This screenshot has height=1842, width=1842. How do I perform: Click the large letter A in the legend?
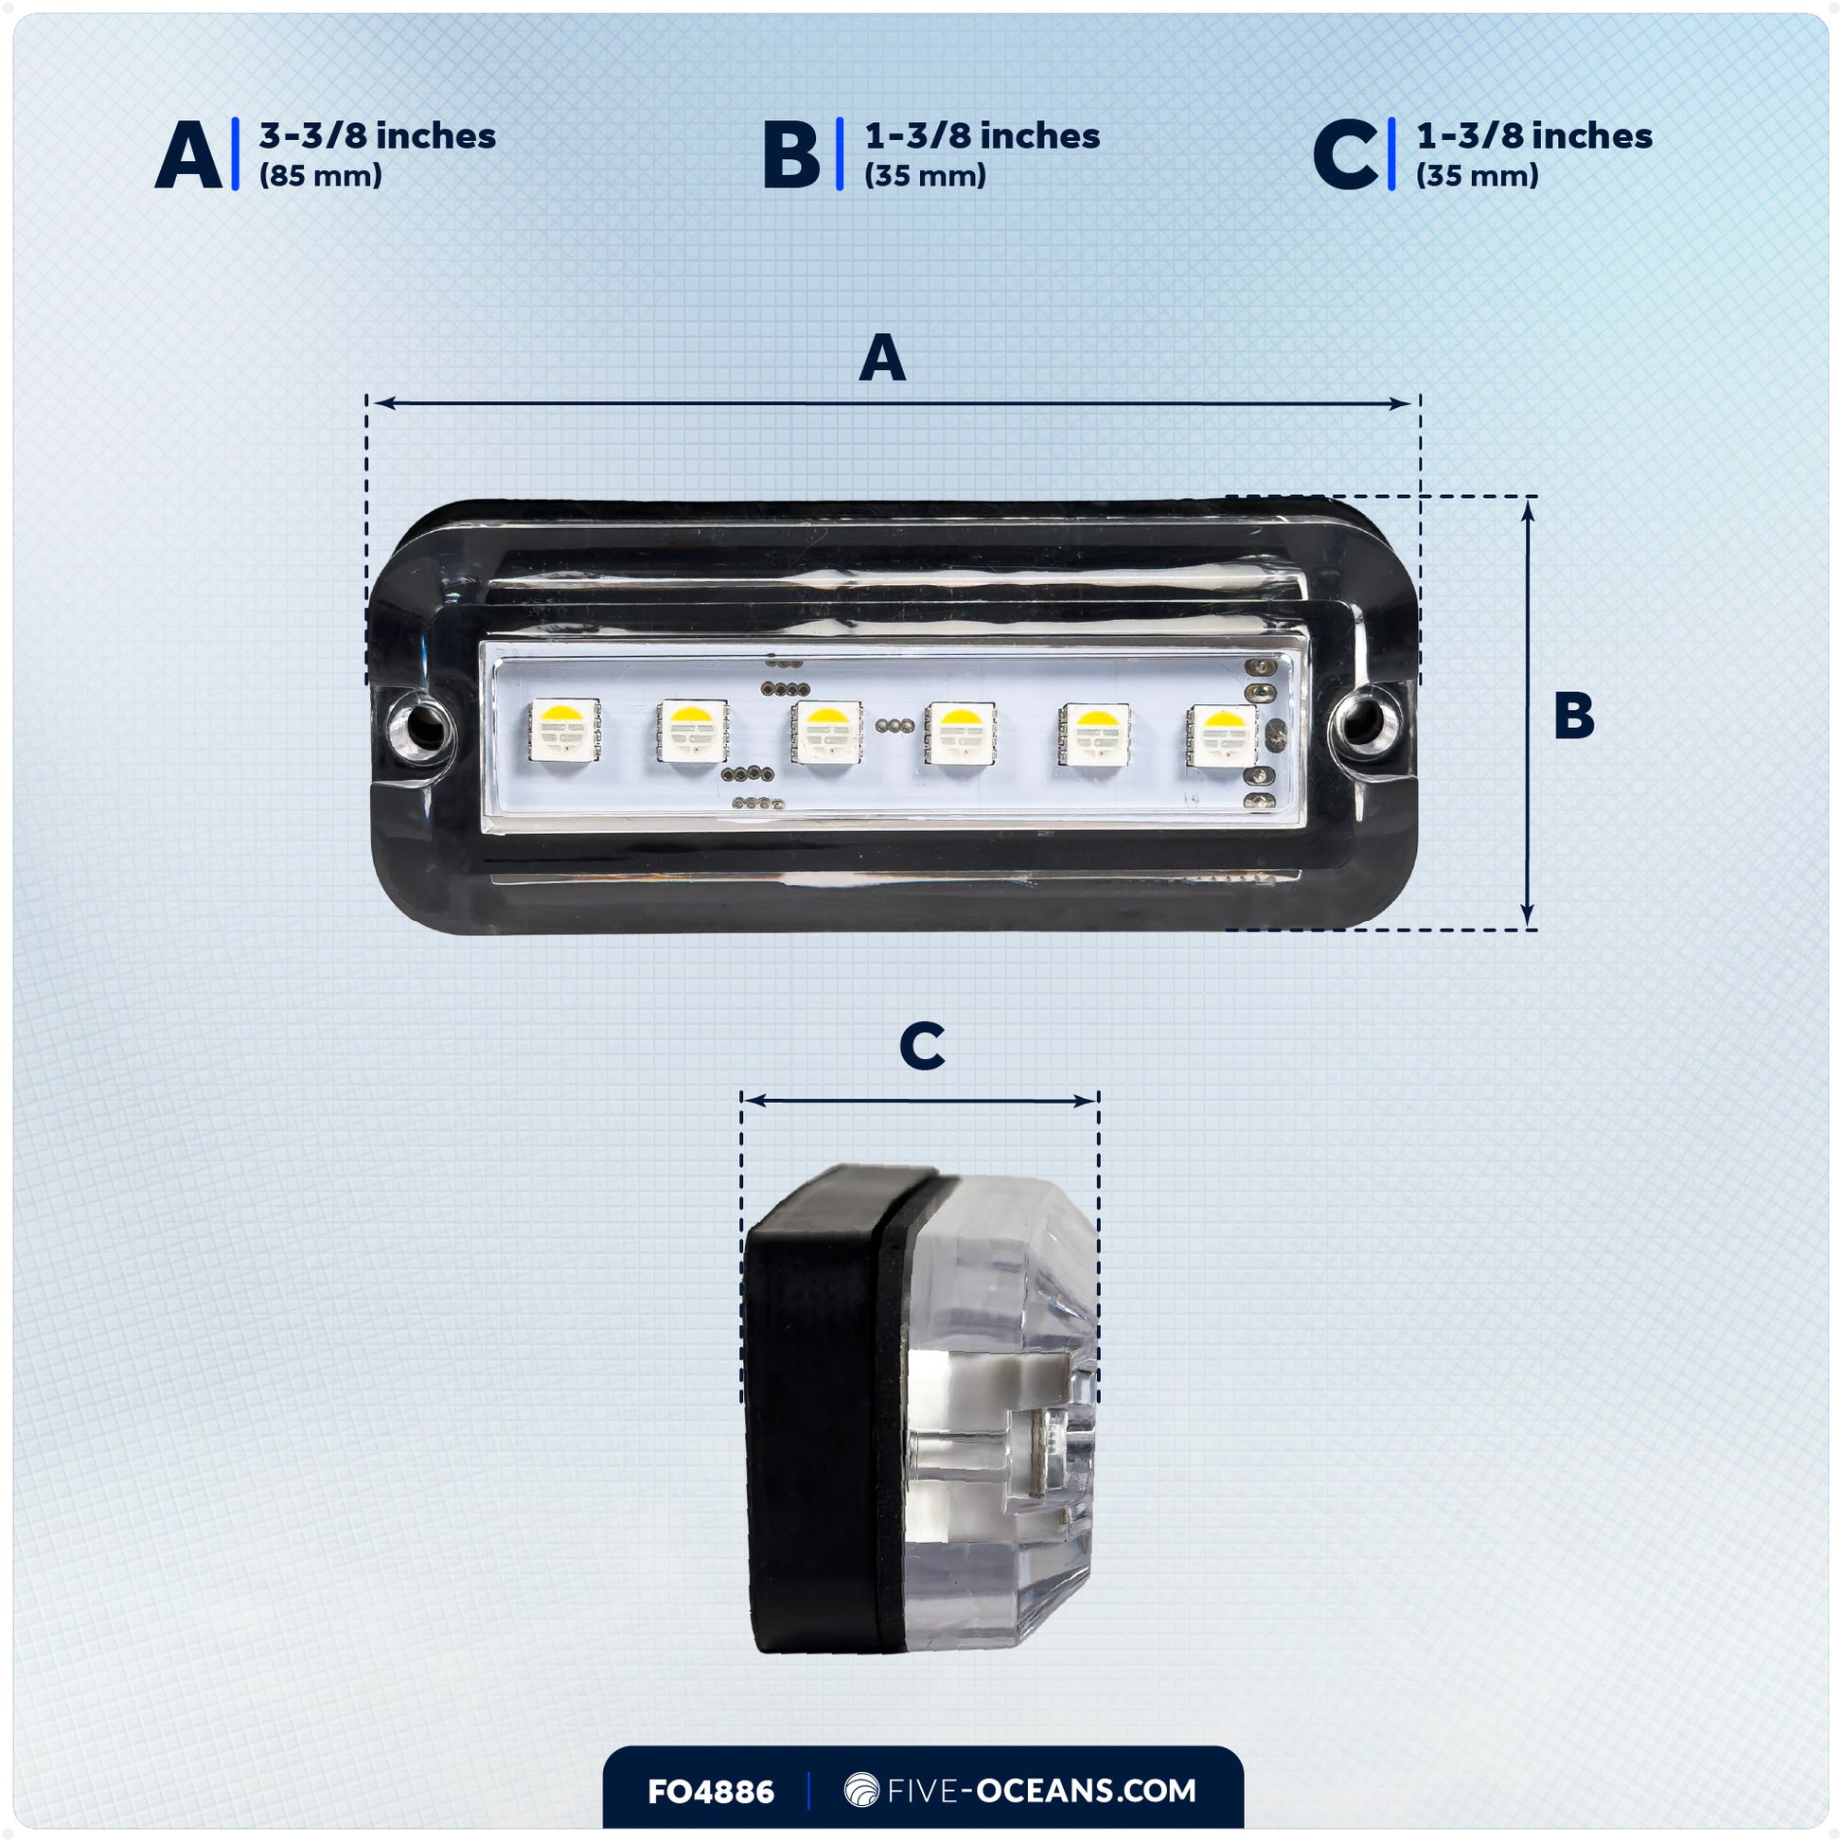(x=188, y=154)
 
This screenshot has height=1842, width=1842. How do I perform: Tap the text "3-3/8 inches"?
(x=378, y=135)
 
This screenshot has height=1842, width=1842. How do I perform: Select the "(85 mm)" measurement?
(x=320, y=175)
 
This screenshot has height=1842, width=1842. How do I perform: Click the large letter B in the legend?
(x=791, y=154)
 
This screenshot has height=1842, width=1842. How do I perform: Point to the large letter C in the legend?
(x=1344, y=154)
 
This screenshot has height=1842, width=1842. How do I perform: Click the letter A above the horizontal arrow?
(x=882, y=358)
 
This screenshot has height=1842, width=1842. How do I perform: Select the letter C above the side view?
(x=922, y=1046)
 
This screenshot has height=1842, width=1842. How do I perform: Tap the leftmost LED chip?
(x=564, y=732)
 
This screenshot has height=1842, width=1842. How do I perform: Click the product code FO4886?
(x=710, y=1792)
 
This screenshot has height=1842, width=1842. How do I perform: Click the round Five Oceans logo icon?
(x=861, y=1791)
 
